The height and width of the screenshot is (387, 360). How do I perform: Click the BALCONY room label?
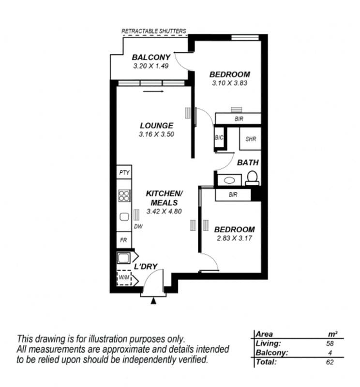pos(151,57)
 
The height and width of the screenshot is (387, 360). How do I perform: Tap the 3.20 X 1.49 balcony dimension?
pos(151,66)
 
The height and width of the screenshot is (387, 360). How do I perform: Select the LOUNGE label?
pos(157,126)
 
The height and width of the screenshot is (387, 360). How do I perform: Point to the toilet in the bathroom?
pos(252,178)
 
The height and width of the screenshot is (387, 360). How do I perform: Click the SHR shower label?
pos(251,139)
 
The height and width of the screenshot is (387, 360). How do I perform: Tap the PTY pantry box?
pos(124,172)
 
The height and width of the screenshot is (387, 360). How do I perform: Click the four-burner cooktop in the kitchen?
pos(124,195)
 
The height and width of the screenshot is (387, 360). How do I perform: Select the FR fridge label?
pos(123,240)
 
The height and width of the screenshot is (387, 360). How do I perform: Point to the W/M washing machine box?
pos(124,278)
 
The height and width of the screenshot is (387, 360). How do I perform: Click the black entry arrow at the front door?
pos(153,301)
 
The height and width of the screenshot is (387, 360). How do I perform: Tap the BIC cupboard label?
pos(219,137)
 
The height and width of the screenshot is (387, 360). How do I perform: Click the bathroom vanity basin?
pos(229,180)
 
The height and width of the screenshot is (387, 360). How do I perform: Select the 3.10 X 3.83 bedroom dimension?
pos(229,83)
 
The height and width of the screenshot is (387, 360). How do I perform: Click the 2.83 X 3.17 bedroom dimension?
pos(234,238)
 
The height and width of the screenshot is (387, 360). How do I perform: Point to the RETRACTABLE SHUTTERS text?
pos(153,31)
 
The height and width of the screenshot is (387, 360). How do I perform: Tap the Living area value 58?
pos(330,343)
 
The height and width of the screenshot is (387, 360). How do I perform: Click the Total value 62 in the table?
pos(330,362)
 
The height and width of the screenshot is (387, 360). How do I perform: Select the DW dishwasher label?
pos(138,226)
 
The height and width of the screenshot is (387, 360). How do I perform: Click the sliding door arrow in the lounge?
pos(153,91)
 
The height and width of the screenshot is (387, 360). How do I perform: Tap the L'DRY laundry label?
pos(146,267)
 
